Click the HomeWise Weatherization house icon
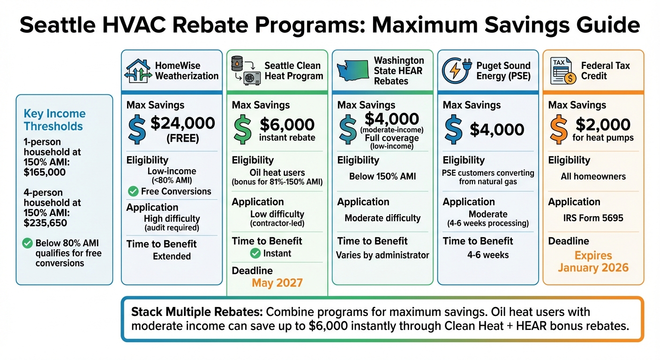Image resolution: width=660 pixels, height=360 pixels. click(x=138, y=71)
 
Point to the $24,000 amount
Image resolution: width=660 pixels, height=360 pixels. click(x=183, y=123)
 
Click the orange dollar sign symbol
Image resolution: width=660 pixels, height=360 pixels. click(x=558, y=130)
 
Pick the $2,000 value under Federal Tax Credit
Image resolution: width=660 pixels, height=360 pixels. click(x=603, y=124)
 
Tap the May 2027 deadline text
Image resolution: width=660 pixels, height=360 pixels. click(x=277, y=283)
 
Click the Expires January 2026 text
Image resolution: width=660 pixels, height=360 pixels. click(x=593, y=262)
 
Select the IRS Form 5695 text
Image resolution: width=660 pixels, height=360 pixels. click(x=593, y=218)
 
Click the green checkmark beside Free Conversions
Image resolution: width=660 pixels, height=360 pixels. click(x=133, y=191)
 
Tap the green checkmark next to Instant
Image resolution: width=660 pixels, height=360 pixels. click(x=255, y=254)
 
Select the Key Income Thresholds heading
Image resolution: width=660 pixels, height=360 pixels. click(x=54, y=120)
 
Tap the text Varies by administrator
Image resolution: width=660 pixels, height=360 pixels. click(x=382, y=255)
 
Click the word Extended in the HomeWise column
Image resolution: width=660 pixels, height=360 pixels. click(x=172, y=256)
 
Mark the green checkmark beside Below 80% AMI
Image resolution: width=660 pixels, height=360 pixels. click(x=28, y=243)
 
